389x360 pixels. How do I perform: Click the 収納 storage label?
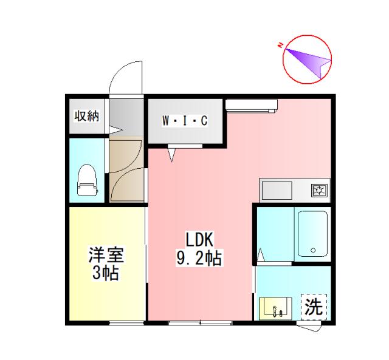86,117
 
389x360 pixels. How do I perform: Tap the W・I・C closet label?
185,121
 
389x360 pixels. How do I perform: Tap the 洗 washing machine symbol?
313,307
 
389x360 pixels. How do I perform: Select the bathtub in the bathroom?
312,234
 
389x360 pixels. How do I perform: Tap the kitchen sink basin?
277,191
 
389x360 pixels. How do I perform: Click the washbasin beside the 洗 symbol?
277,308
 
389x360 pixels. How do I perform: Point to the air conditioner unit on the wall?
251,105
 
